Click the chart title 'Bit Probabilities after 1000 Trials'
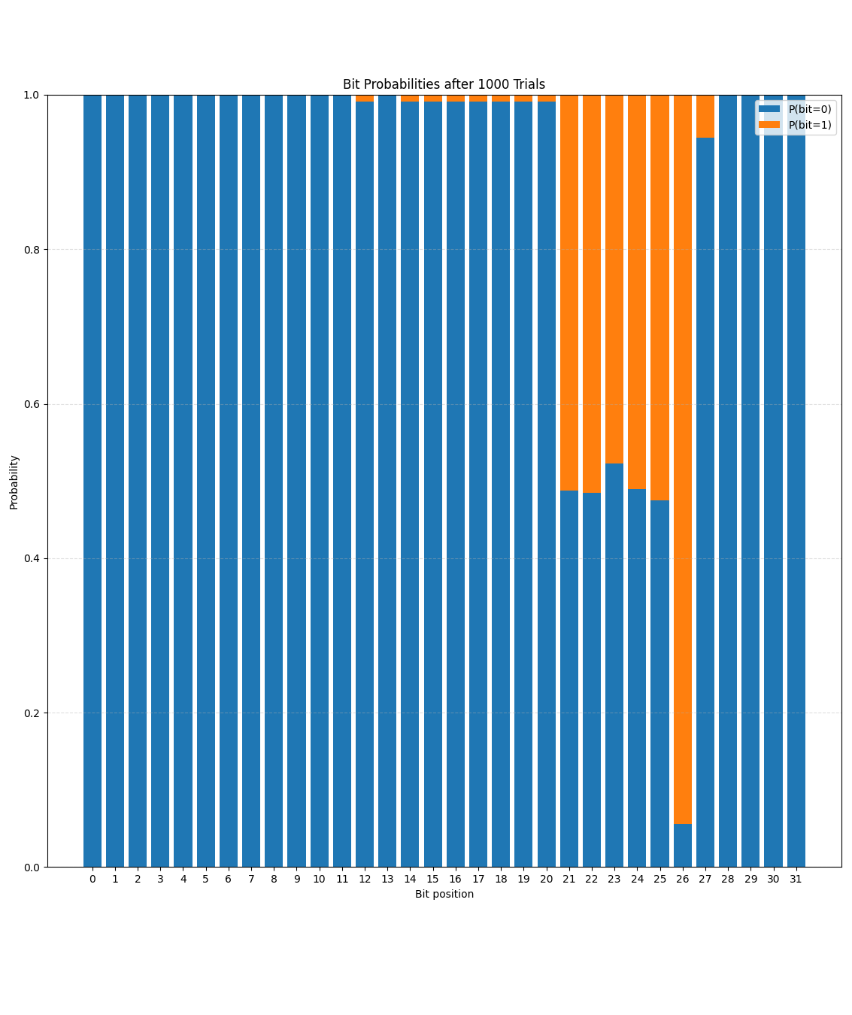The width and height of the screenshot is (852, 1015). click(444, 84)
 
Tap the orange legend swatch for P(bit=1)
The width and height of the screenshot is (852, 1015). click(769, 125)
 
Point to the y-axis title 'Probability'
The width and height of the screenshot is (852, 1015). click(14, 482)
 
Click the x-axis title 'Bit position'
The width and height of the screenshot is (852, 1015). click(444, 894)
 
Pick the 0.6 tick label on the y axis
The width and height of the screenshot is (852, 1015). click(32, 404)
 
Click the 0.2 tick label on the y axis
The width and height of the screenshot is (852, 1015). click(32, 713)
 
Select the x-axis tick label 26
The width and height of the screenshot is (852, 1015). click(682, 879)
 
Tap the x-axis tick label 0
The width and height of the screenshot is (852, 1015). click(92, 879)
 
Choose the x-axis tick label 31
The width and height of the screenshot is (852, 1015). click(796, 879)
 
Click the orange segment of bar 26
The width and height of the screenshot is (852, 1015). click(682, 451)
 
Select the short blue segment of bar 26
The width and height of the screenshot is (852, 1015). click(682, 846)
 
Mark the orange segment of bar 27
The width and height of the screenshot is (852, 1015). click(705, 116)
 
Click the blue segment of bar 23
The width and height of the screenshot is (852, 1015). click(614, 662)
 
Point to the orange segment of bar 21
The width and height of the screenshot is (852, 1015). click(569, 293)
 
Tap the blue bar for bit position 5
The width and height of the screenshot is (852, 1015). click(206, 482)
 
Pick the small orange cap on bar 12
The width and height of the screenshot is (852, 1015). click(365, 99)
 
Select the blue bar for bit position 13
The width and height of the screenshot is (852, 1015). click(387, 482)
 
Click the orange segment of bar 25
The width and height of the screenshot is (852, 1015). click(659, 297)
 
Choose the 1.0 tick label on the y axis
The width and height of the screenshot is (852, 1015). click(32, 95)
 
